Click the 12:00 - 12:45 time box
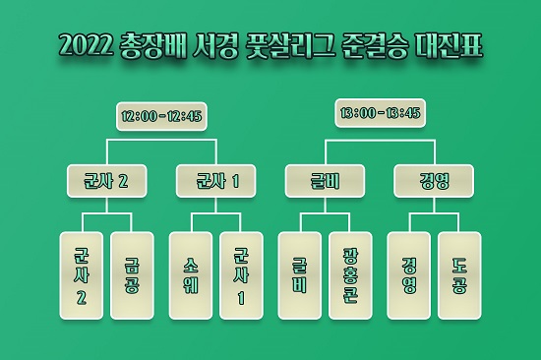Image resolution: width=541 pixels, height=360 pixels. [x=161, y=116]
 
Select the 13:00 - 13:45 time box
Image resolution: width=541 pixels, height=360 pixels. [x=380, y=112]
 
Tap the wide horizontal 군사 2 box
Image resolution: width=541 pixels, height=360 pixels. [x=106, y=180]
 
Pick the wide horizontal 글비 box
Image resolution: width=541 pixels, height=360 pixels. [x=326, y=180]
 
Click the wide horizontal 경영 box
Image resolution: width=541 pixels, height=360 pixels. [x=434, y=180]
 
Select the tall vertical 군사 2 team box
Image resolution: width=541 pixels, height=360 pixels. [x=82, y=276]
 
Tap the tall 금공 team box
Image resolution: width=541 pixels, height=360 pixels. [x=132, y=276]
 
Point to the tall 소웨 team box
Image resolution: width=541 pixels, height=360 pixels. [x=191, y=276]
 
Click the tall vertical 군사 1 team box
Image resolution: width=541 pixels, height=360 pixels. [x=241, y=276]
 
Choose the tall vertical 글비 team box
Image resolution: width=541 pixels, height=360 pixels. [x=300, y=276]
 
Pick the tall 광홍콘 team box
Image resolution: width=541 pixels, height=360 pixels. [x=350, y=276]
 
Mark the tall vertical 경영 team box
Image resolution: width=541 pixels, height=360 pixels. [x=409, y=276]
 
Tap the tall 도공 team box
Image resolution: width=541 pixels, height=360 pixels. [x=459, y=276]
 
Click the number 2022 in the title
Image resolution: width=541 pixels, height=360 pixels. [x=88, y=46]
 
